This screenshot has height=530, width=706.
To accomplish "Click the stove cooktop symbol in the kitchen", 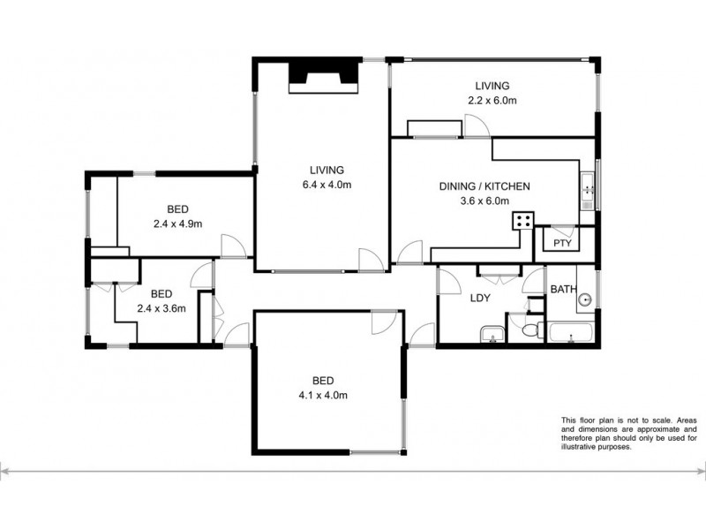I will pos(524,221).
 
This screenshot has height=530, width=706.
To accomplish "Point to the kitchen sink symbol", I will pos(588,190).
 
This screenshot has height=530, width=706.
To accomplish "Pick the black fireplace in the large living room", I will pos(326,73).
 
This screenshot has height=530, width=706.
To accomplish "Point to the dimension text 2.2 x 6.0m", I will pos(492,101).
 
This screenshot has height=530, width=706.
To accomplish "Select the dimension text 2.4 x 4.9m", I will pos(177,223).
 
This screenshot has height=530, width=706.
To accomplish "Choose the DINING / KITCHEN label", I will pos(484,186).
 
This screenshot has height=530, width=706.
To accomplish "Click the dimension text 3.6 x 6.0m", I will pos(484,201).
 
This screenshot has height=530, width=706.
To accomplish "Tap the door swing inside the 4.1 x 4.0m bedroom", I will pos(385,323).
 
